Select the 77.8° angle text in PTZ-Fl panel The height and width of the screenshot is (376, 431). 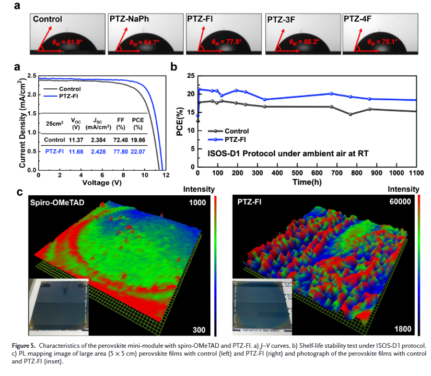point(226,41)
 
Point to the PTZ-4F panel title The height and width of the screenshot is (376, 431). point(358,19)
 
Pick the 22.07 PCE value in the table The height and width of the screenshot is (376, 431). point(138,151)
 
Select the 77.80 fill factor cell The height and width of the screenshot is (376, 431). point(120,151)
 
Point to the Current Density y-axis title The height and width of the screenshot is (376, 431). point(23,121)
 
